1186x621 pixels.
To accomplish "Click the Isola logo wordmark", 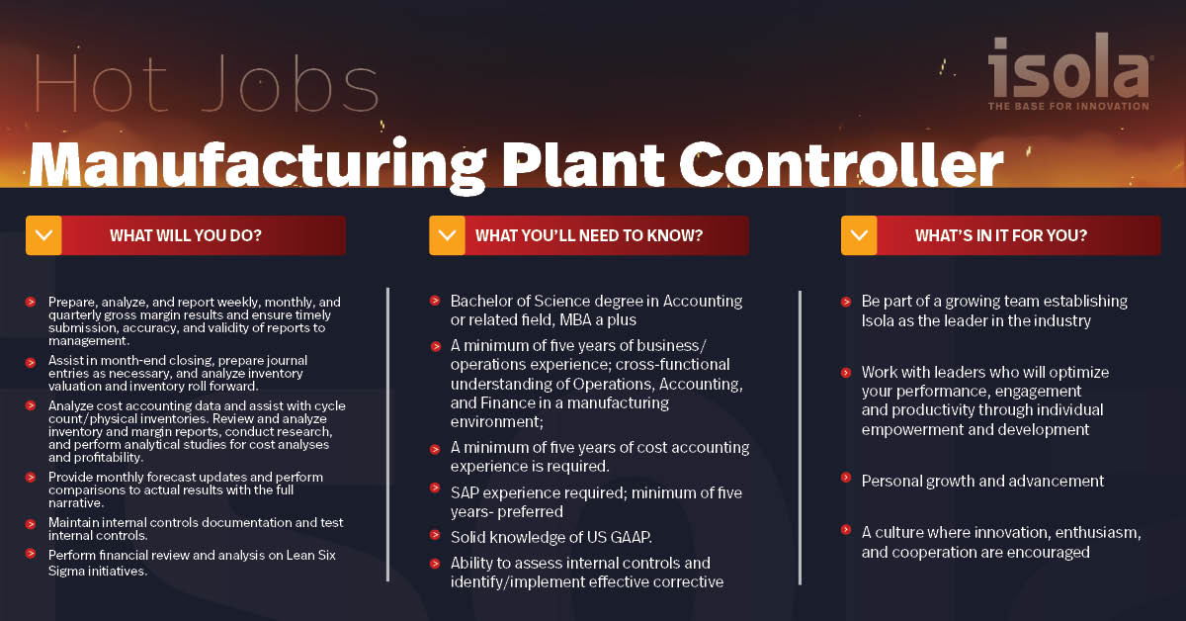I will pos(1068,67).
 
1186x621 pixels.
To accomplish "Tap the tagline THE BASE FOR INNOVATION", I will pos(1068,106).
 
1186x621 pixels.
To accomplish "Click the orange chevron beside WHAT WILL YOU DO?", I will pos(43,235).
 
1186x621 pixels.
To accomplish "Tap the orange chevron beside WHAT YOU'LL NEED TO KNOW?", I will pos(447,235).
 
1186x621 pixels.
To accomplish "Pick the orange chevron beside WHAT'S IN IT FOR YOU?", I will pos(858,235).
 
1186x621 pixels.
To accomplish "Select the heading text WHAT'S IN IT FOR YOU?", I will pos(1000,236).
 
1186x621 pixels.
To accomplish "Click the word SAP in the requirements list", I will pos(466,492).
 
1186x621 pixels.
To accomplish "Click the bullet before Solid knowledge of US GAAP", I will pos(435,535).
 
